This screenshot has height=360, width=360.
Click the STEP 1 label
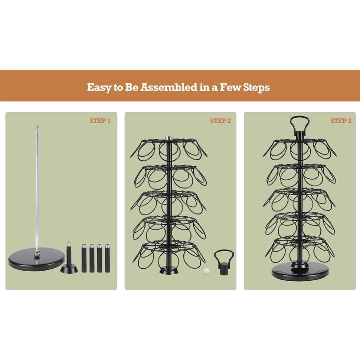pyautogui.click(x=100, y=121)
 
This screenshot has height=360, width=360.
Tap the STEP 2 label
pyautogui.click(x=220, y=121)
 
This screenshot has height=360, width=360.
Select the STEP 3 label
pyautogui.click(x=341, y=121)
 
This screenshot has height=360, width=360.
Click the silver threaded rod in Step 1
pyautogui.click(x=37, y=186)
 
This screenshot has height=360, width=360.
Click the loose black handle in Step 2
pyautogui.click(x=224, y=262)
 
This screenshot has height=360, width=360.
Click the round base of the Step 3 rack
pyautogui.click(x=300, y=273)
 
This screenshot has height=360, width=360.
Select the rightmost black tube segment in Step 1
pyautogui.click(x=107, y=258)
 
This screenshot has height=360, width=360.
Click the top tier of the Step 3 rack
pyautogui.click(x=300, y=148)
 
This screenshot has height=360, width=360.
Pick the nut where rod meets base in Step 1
pyautogui.click(x=37, y=253)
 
